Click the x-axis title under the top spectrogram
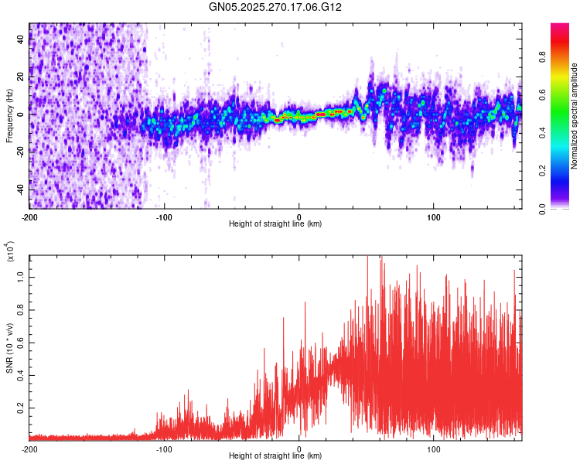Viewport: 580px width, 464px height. coord(275,224)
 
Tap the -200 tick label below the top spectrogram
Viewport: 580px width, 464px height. coord(29,217)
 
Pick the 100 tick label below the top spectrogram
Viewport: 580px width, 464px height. coord(434,217)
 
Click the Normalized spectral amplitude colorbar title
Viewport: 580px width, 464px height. coord(575,116)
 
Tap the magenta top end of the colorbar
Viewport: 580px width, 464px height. coord(560,26)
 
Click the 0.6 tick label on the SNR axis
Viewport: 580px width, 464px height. coord(20,342)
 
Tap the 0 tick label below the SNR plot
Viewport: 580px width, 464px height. coord(299,449)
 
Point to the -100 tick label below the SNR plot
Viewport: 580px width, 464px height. coord(164,449)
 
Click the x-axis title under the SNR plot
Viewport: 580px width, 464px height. coord(275,456)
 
